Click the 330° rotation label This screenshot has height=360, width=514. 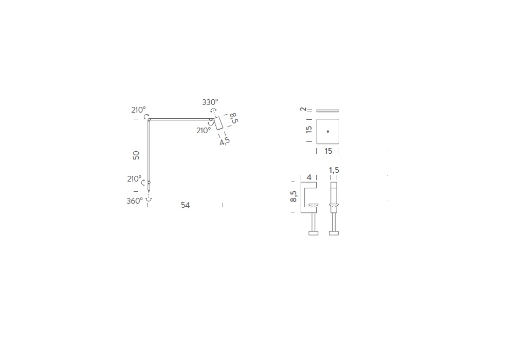210,102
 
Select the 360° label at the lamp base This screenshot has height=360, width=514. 135,201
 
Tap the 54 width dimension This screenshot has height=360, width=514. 185,205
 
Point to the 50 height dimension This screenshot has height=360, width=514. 136,155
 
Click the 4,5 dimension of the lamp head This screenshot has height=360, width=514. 225,141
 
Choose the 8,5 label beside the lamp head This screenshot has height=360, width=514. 234,118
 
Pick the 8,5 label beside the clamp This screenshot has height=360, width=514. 293,196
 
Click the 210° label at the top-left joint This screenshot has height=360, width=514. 138,110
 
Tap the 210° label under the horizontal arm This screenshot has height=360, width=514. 204,131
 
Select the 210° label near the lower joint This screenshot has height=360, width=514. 134,179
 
